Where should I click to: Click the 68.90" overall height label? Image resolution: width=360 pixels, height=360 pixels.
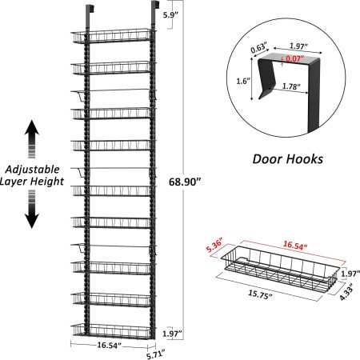[x=185, y=182]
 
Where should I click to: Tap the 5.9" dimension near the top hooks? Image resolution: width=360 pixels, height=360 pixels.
[x=170, y=15]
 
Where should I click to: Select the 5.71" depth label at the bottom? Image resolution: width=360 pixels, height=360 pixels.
[x=156, y=355]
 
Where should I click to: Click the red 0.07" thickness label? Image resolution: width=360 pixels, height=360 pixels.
[x=295, y=58]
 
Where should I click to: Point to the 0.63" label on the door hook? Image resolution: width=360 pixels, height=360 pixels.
[x=259, y=47]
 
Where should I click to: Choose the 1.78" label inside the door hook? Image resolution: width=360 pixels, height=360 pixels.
[x=291, y=86]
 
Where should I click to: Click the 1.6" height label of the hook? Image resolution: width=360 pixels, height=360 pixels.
[x=243, y=81]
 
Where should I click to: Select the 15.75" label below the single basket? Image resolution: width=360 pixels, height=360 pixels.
[x=261, y=294]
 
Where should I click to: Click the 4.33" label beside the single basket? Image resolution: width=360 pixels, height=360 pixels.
[x=346, y=291]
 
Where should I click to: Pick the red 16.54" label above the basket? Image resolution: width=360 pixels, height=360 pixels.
[x=295, y=246]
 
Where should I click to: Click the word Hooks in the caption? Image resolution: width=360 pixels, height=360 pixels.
[x=306, y=159]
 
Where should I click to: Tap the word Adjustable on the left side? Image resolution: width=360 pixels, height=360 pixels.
[x=33, y=170]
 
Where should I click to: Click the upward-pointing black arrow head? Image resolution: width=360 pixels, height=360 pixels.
[x=32, y=128]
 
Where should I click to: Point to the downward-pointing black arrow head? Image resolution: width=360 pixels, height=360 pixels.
[x=32, y=221]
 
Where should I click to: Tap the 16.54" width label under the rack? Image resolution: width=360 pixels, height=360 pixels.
[x=109, y=346]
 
